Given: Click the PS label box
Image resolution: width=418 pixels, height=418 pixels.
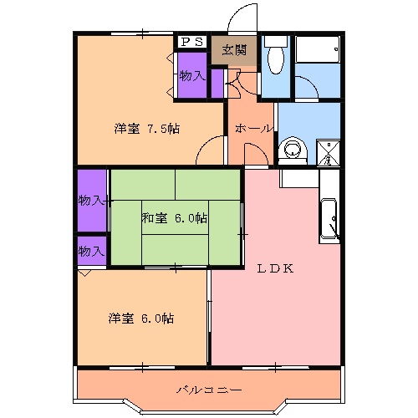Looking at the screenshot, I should (x=191, y=41).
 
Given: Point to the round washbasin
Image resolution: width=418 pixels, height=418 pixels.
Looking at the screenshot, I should (x=293, y=148).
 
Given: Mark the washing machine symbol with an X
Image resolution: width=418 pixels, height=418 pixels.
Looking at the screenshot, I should (x=328, y=152).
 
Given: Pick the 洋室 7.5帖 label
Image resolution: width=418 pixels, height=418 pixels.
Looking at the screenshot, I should (x=147, y=128).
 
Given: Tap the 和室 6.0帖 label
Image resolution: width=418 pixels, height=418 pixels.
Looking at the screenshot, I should (x=174, y=218).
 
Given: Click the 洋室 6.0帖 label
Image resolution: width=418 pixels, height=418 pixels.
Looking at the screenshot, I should (x=141, y=319).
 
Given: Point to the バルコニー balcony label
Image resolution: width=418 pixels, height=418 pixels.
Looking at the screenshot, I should (x=209, y=390).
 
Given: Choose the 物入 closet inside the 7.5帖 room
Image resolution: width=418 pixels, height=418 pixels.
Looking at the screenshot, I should (x=192, y=76).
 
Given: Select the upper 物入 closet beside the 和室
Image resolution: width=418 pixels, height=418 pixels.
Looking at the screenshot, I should (x=91, y=200).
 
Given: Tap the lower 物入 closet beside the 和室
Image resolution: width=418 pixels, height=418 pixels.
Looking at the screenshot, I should (x=91, y=251).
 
